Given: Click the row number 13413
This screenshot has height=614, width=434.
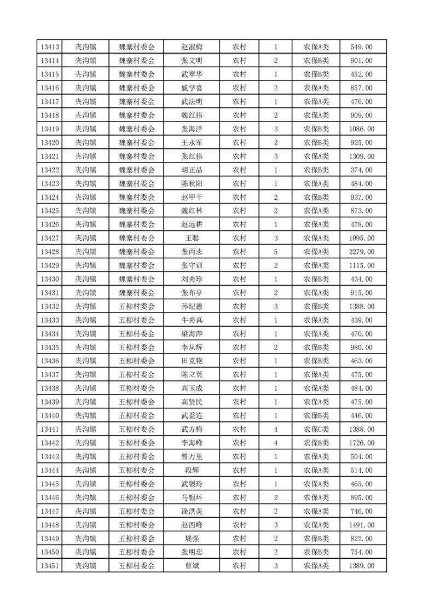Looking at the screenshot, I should coord(50,47).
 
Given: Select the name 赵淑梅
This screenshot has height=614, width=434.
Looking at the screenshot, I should coord(191,47).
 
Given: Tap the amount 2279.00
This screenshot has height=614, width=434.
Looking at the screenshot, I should coord(361,252).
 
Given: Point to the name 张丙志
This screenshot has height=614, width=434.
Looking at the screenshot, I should coord(191,252).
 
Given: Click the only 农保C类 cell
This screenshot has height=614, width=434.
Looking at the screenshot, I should coord(316,430).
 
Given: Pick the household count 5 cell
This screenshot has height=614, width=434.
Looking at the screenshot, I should coord(275,252).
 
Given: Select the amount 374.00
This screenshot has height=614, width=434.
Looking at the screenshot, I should coord(361,170).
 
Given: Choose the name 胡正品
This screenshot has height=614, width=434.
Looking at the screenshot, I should coord(191,170).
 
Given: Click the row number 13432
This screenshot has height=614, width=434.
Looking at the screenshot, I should coord(50,306).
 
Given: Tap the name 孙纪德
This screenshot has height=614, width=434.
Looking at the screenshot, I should coord(191,306).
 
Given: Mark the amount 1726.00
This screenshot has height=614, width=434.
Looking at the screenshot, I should coord(361,443).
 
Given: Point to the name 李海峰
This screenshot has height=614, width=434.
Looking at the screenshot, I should coord(191,443).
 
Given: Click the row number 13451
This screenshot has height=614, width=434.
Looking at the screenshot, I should coord(50,566).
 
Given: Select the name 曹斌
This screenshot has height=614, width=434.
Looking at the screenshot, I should coord(191,566).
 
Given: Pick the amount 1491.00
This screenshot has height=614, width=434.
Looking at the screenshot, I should coord(361,525).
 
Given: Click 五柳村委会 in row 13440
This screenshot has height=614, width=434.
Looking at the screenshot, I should coord(137,416).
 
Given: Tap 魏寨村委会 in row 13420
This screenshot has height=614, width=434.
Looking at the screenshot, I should coord(137,143).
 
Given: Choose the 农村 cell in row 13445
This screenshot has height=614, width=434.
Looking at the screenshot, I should coord(239,484).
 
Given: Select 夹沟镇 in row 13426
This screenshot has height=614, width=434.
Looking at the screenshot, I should coord(85,224).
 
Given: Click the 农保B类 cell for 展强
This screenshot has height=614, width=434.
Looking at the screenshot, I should coord(316,538).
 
